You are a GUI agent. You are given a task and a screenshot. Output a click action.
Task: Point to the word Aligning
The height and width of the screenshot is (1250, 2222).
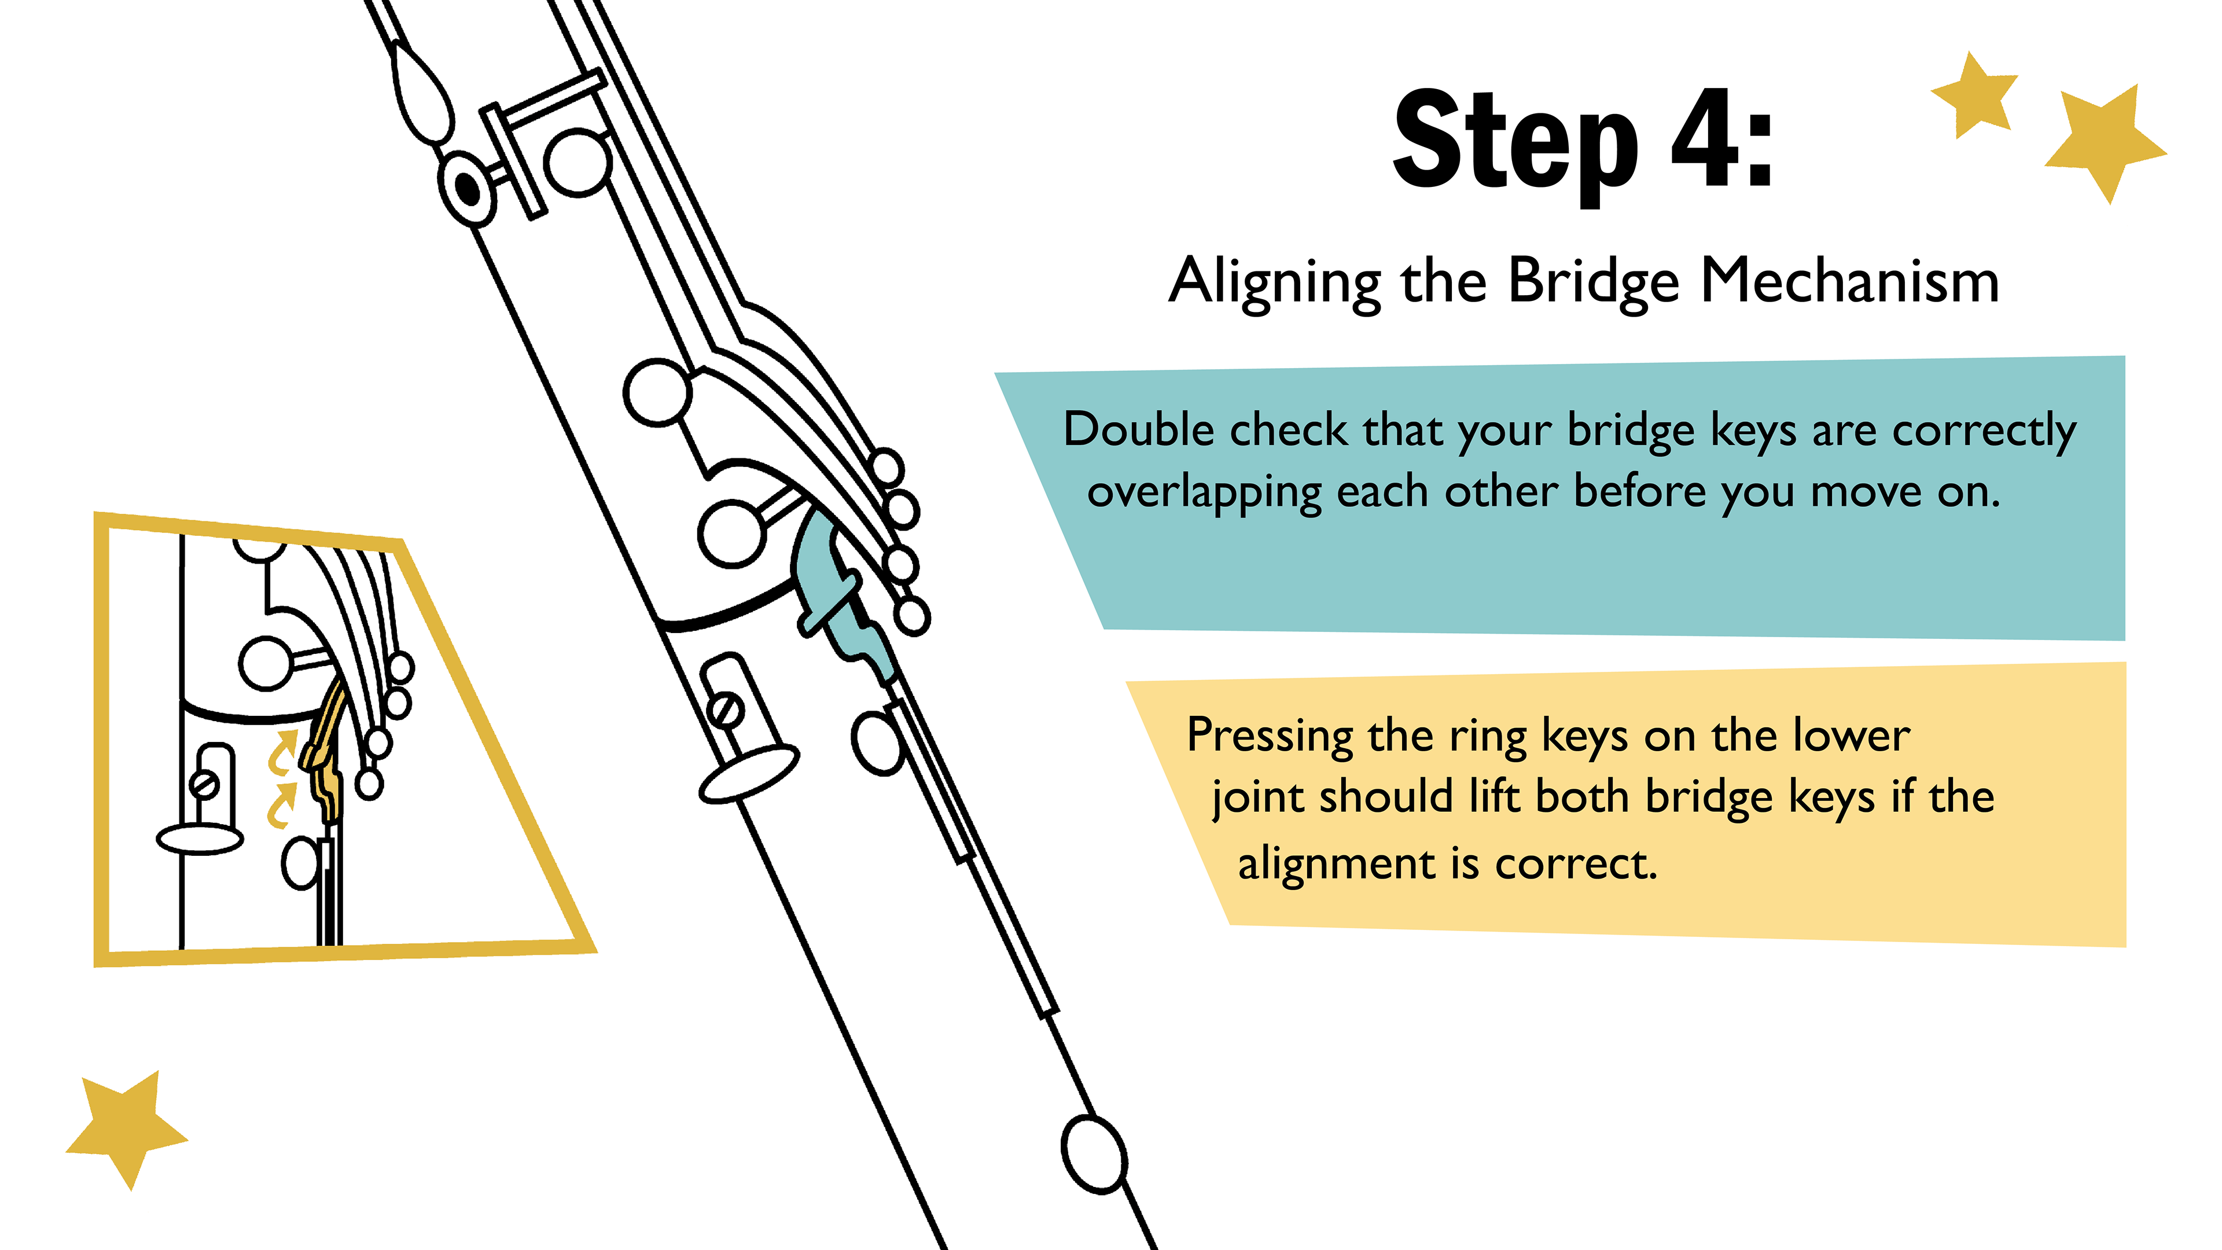(x=1274, y=282)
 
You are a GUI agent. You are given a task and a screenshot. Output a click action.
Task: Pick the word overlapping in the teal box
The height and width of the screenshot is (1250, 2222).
(x=1204, y=492)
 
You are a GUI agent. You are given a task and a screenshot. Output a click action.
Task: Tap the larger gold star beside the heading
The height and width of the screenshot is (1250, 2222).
(x=2105, y=142)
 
